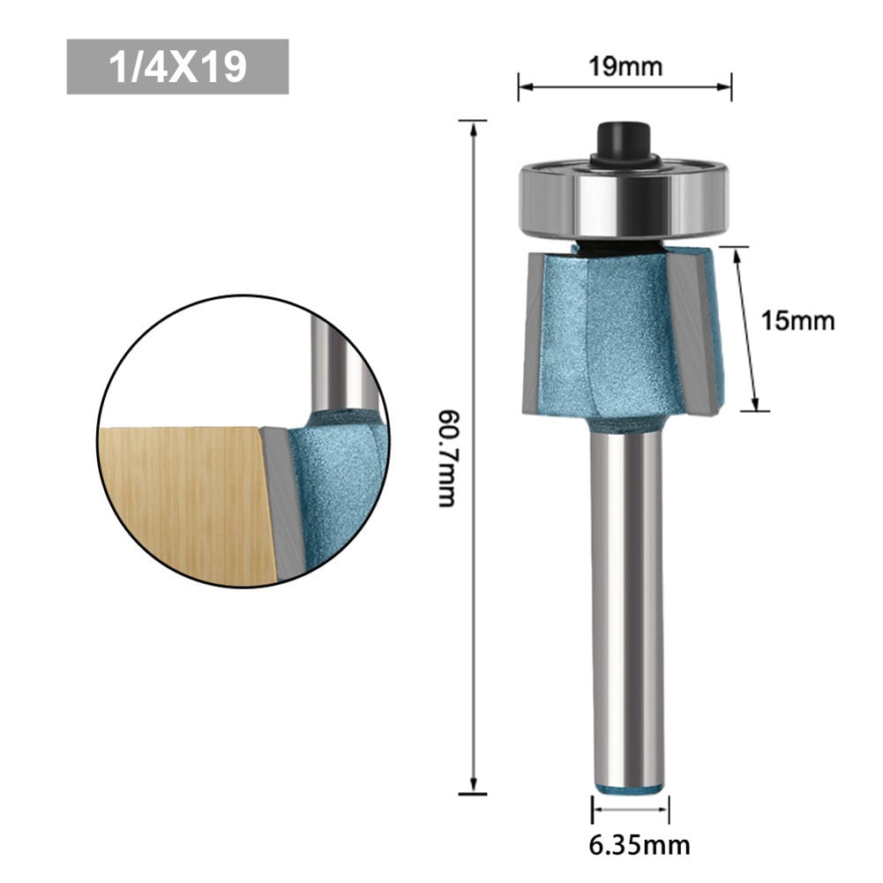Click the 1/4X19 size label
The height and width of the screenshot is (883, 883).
(x=177, y=66)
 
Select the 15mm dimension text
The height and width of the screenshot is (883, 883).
(x=797, y=320)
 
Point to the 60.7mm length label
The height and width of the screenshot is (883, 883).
(x=448, y=456)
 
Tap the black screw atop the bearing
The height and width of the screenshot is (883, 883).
(x=624, y=141)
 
